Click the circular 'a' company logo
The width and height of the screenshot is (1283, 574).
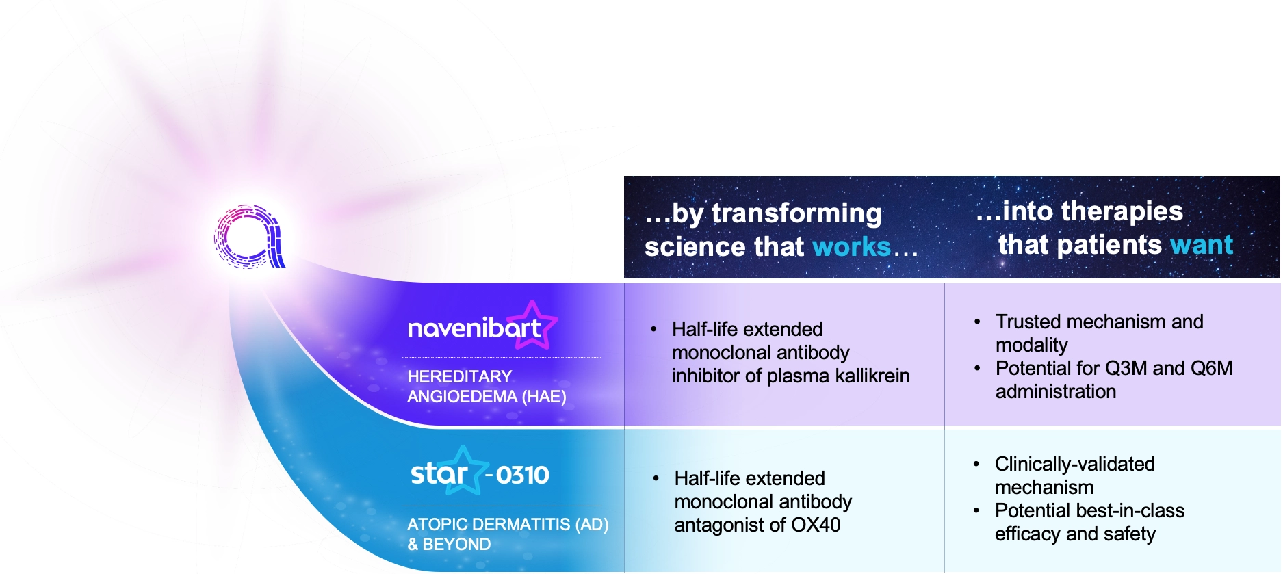point(248,236)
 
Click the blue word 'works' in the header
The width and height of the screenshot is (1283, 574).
point(851,246)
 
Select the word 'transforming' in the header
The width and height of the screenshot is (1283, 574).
point(796,213)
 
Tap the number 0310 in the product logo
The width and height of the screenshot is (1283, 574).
point(522,475)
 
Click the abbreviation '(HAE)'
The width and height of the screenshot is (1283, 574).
point(543,397)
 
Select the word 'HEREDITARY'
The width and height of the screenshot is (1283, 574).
point(459,377)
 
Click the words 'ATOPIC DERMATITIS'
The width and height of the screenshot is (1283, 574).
point(489,525)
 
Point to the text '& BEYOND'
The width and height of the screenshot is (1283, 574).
point(449,545)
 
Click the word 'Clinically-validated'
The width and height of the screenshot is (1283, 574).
point(1074,465)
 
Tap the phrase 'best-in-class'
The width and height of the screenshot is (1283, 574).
point(1130,511)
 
